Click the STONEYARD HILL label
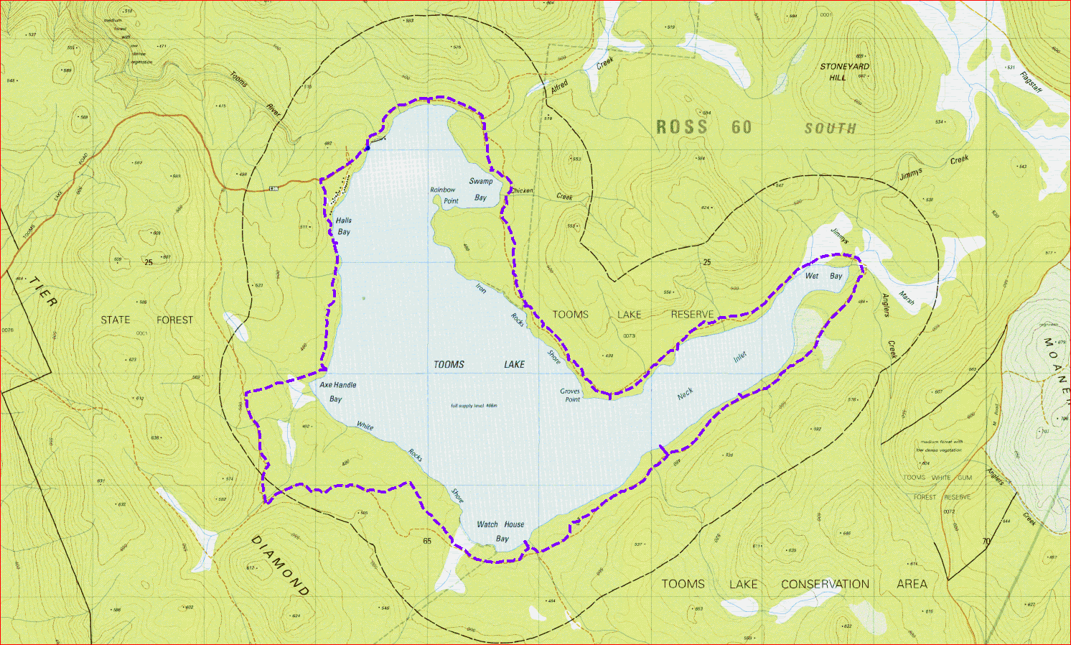point(844,72)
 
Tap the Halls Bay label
point(344,226)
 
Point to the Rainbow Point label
point(443,195)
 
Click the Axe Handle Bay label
point(337,391)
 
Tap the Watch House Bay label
point(500,531)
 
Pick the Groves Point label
point(571,395)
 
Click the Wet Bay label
point(823,276)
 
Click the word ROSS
point(682,128)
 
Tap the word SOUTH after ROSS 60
point(831,129)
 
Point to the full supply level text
point(474,406)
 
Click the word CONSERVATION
point(825,584)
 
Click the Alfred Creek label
point(582,75)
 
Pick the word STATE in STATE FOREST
point(116,320)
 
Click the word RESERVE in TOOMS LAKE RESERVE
point(692,315)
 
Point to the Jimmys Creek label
point(934,167)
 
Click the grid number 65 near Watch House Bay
point(427,541)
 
